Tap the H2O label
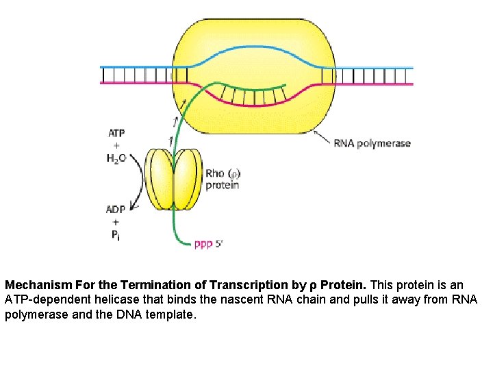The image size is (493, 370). coord(116,159)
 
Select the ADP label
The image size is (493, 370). coord(116,210)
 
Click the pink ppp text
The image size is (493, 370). coord(203,245)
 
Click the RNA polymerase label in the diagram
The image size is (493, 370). coord(372,143)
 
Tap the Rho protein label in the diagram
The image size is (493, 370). coord(223,180)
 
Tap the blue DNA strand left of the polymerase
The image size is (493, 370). coord(137,67)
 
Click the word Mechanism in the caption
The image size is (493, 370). coord(34,284)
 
